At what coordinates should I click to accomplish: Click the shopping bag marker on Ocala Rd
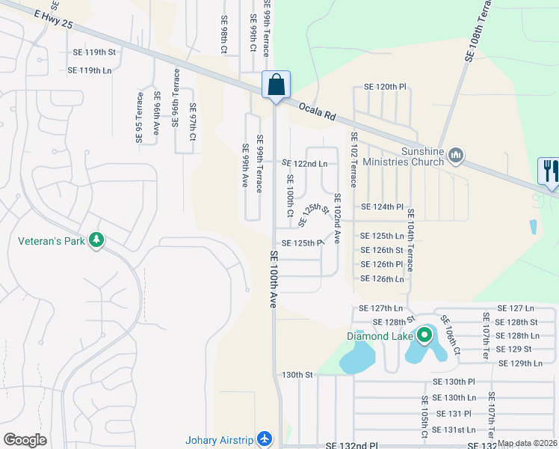tap(276, 85)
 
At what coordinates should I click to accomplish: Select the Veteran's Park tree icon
tap(96, 240)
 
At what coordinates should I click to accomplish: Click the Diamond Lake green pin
tap(425, 335)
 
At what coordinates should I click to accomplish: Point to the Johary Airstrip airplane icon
tap(263, 439)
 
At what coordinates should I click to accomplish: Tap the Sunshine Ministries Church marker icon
tap(457, 156)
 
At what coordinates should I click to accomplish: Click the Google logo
tap(25, 440)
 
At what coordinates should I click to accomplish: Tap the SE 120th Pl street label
tap(384, 88)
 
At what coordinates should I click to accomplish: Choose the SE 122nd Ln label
tap(305, 163)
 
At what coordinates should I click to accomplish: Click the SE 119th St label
tap(94, 52)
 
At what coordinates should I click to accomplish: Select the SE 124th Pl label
tap(382, 207)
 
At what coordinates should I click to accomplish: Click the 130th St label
tap(296, 374)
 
